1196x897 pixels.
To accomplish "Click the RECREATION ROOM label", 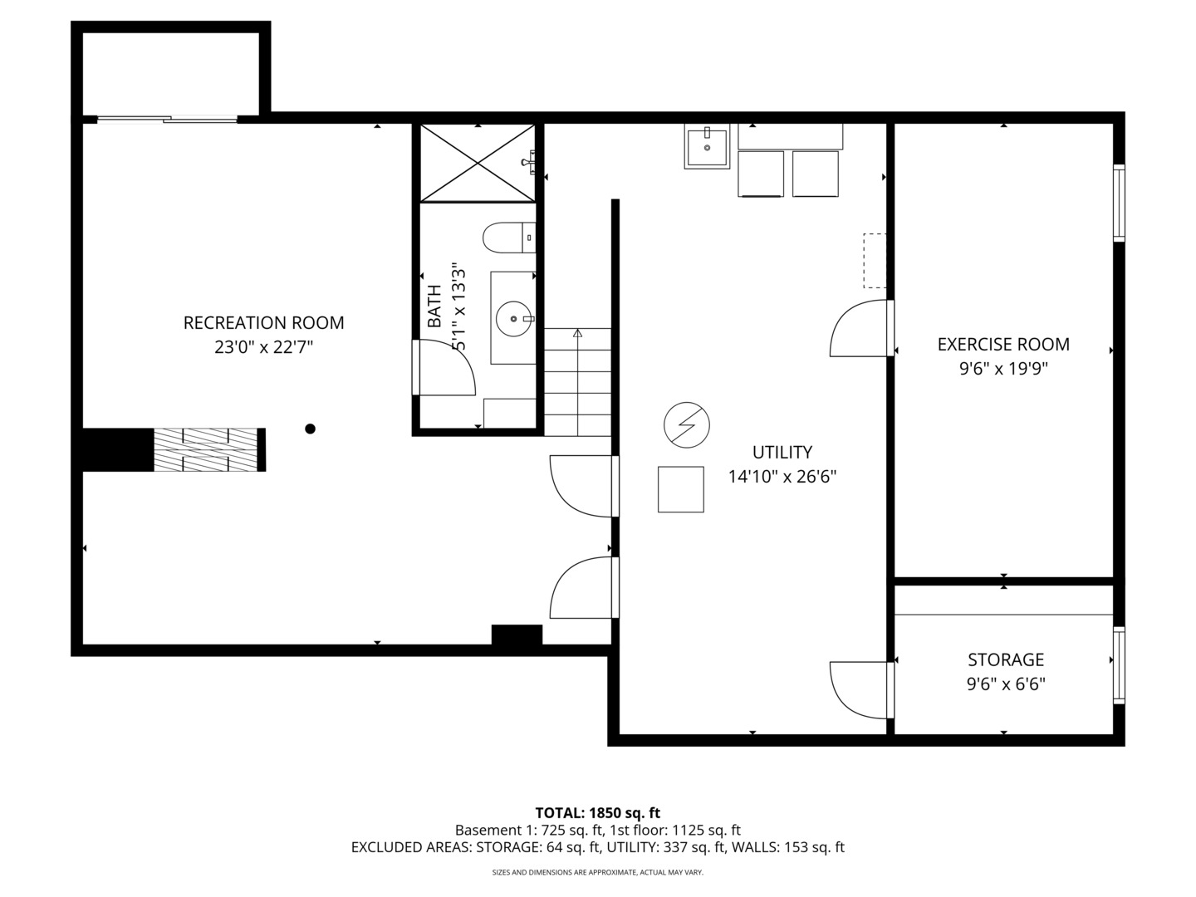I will pyautogui.click(x=263, y=322).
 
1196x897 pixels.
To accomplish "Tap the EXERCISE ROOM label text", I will pyautogui.click(x=1002, y=344).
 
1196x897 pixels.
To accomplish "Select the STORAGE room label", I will pyautogui.click(x=1005, y=659).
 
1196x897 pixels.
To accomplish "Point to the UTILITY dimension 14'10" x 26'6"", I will pyautogui.click(x=782, y=477).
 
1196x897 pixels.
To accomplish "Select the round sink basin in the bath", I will pyautogui.click(x=513, y=317).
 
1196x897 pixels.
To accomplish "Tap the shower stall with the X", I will pyautogui.click(x=478, y=163).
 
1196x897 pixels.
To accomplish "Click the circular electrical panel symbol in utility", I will pyautogui.click(x=686, y=425).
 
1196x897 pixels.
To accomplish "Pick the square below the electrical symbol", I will pyautogui.click(x=681, y=489).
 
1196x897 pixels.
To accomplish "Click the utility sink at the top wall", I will pyautogui.click(x=707, y=148).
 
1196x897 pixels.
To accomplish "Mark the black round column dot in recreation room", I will pyautogui.click(x=310, y=429).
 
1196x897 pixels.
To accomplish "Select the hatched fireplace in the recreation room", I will pyautogui.click(x=208, y=449).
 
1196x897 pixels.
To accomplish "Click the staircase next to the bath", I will pyautogui.click(x=577, y=382).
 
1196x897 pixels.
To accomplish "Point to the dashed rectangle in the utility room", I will pyautogui.click(x=875, y=260).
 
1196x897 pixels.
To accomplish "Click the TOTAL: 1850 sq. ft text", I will pyautogui.click(x=597, y=812).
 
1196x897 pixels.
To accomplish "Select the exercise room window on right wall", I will pyautogui.click(x=1119, y=203).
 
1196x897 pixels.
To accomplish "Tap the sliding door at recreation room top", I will pyautogui.click(x=167, y=120).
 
